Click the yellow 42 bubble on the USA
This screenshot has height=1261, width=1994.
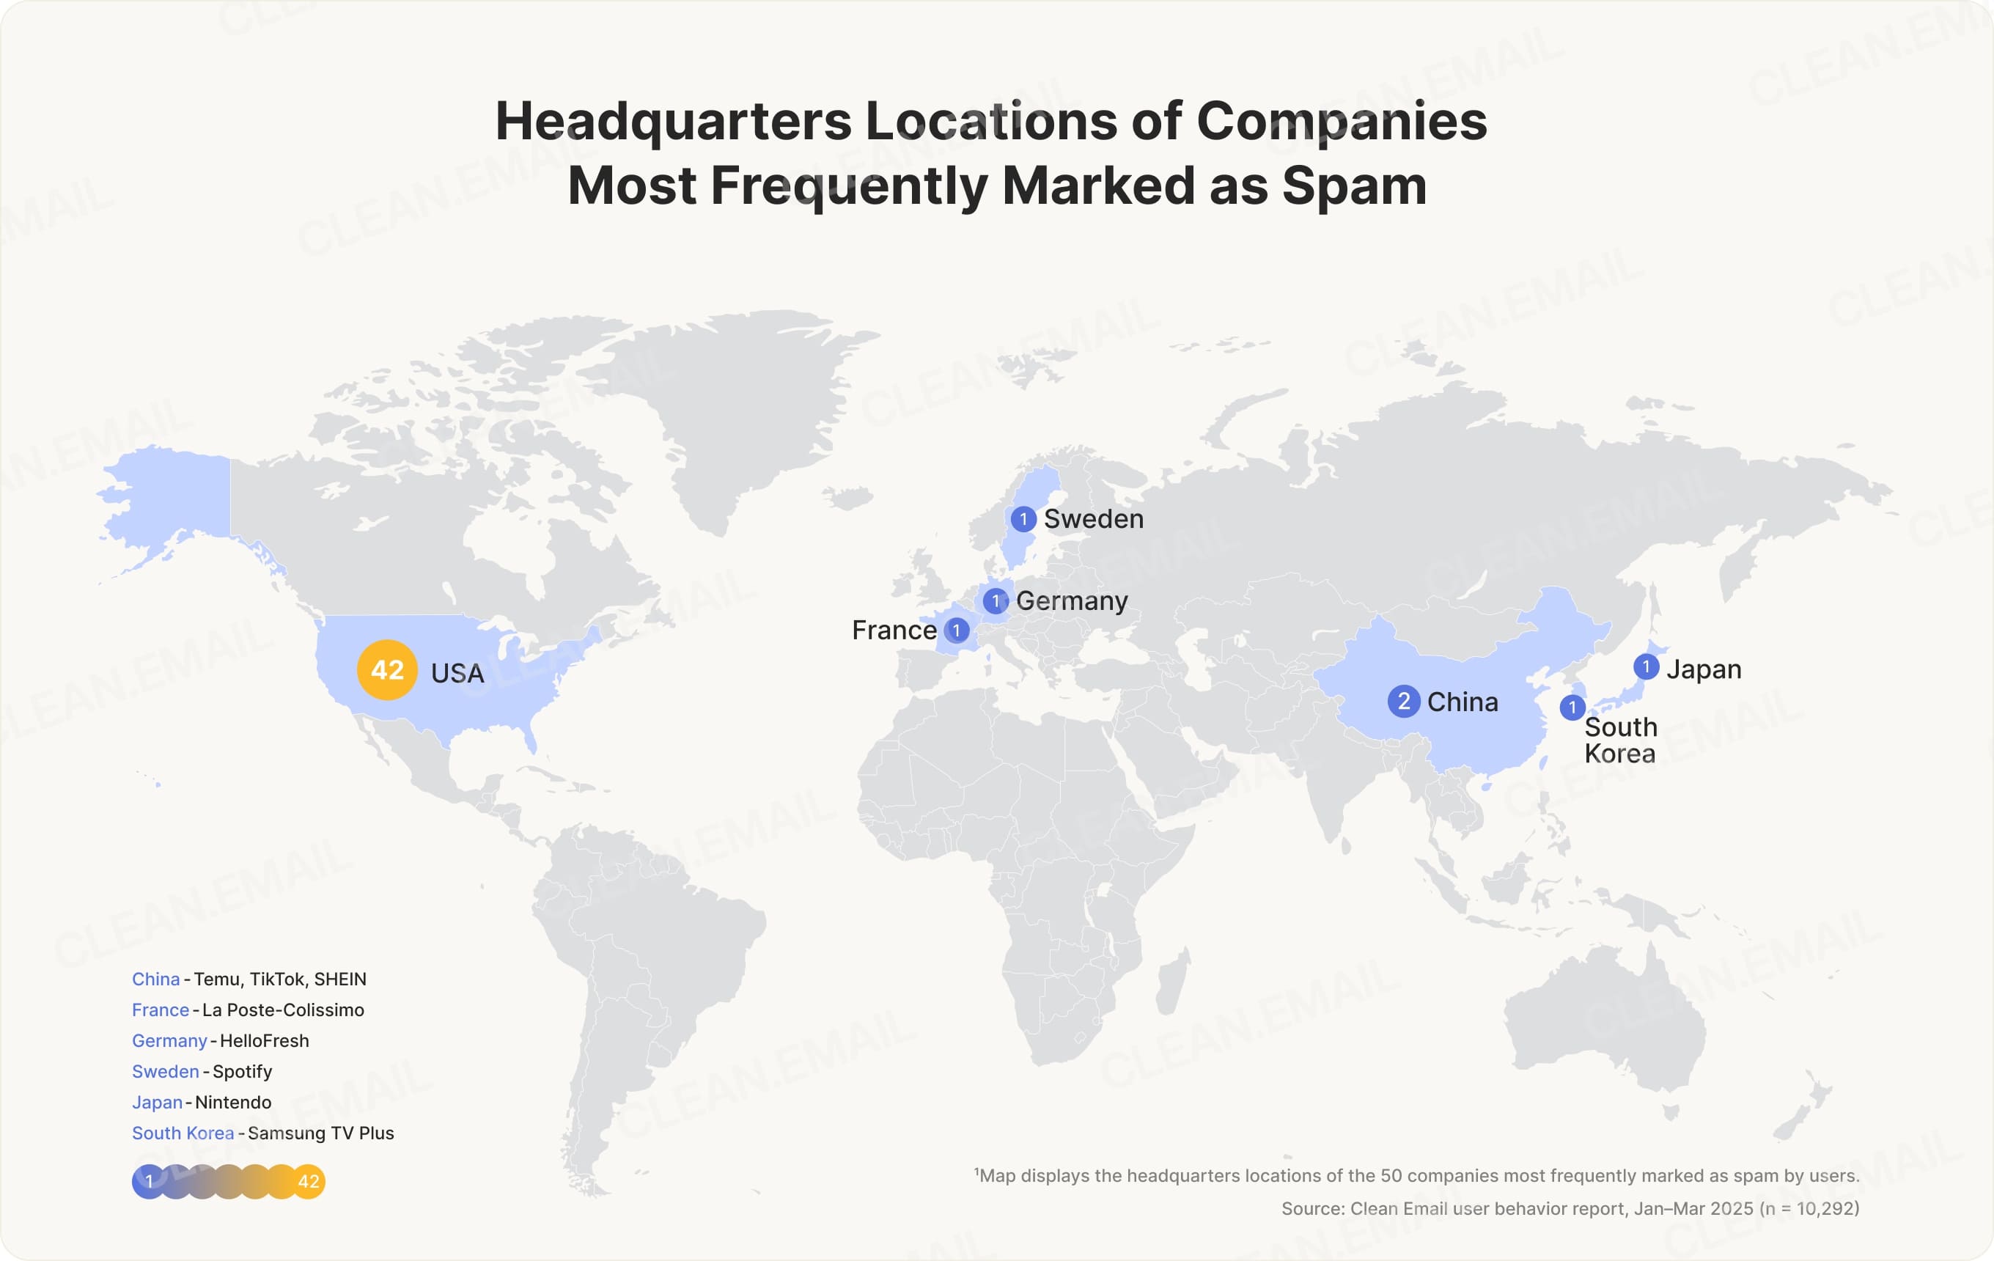coord(387,670)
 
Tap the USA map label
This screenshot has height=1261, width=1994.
coord(457,673)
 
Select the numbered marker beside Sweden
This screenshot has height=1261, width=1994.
coord(1023,519)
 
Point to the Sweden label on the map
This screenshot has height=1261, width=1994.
coord(1093,519)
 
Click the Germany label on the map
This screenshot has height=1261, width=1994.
coord(1072,600)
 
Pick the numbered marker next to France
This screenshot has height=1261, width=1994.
coord(957,630)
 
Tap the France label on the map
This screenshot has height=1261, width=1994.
coord(894,630)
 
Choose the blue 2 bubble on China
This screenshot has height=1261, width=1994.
coord(1404,702)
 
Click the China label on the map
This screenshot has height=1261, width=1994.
coord(1463,702)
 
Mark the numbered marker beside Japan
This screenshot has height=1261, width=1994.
coord(1647,666)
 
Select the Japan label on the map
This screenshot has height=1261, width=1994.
coord(1704,669)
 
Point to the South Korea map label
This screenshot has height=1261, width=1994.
coord(1619,740)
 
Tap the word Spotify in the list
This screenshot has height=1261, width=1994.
coord(242,1071)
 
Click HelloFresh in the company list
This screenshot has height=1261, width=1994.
coord(264,1041)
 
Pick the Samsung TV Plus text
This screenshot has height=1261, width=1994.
coord(320,1133)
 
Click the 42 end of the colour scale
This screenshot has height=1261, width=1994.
coord(308,1182)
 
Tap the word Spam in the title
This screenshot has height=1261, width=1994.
coord(1354,185)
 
